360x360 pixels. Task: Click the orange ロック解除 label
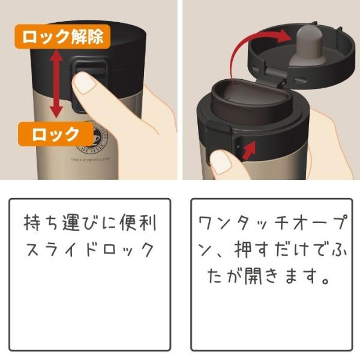[x=62, y=37]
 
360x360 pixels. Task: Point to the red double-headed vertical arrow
[x=56, y=83]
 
